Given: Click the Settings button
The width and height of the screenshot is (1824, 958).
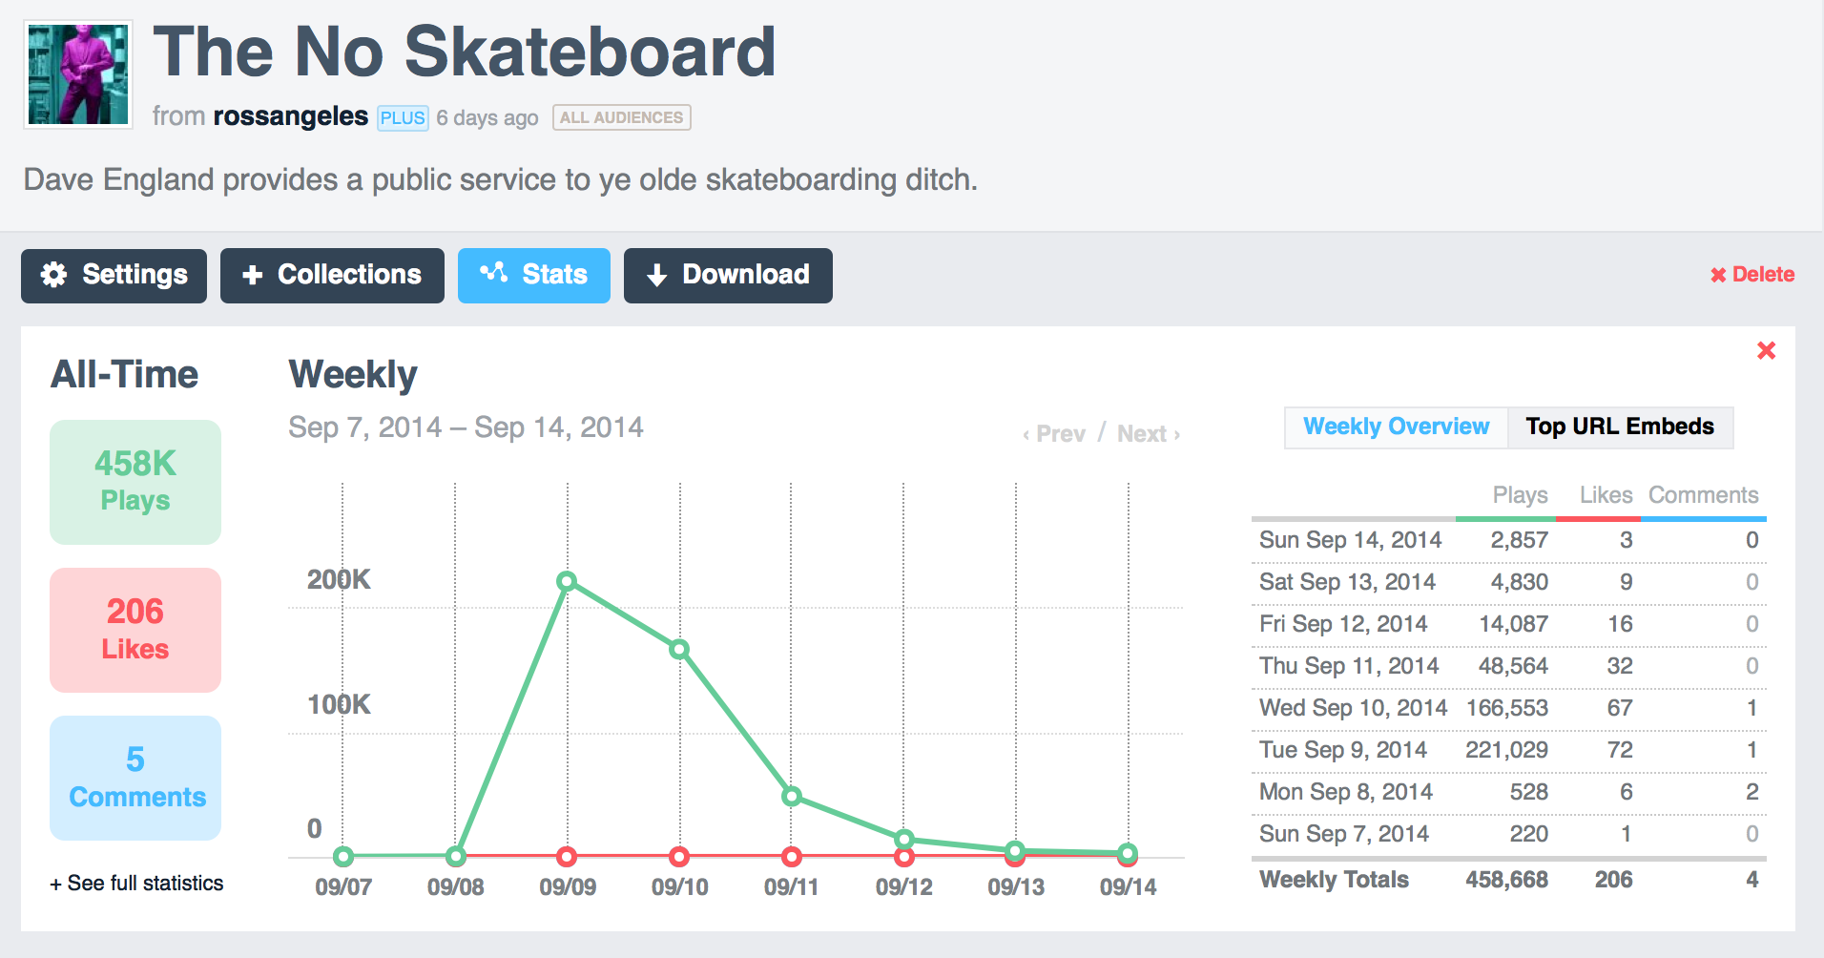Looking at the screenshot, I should [114, 275].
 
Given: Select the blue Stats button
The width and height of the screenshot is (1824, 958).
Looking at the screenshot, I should [533, 275].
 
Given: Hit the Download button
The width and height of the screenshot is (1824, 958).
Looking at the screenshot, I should [728, 275].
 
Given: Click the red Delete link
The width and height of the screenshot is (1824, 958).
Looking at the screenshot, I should [1752, 275].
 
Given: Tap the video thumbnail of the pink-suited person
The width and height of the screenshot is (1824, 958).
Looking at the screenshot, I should [78, 74].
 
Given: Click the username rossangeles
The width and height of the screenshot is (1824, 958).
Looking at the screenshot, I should [290, 116].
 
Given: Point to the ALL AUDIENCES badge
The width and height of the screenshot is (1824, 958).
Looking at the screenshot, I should [621, 117].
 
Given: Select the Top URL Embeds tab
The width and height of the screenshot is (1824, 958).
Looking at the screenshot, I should [1619, 427].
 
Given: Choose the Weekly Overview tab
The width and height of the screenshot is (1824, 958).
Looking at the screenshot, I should [1396, 427].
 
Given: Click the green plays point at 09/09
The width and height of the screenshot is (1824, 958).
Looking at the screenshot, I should [567, 581].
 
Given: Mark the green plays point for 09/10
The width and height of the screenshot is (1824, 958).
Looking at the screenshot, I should [679, 650].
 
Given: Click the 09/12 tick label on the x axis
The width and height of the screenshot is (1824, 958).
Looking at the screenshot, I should [903, 887].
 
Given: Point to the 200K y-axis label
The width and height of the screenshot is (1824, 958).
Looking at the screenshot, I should [338, 579].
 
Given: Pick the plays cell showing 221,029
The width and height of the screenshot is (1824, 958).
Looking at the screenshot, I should [1506, 750].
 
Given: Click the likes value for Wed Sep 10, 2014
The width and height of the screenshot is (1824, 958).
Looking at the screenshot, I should [1619, 708].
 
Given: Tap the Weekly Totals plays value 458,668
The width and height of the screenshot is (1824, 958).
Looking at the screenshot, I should [1506, 880].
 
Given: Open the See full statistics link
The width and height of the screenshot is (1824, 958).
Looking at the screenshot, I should [137, 884].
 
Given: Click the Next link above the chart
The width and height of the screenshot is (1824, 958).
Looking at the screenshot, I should [1148, 434].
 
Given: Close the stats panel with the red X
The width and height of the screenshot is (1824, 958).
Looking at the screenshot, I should [1766, 351].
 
